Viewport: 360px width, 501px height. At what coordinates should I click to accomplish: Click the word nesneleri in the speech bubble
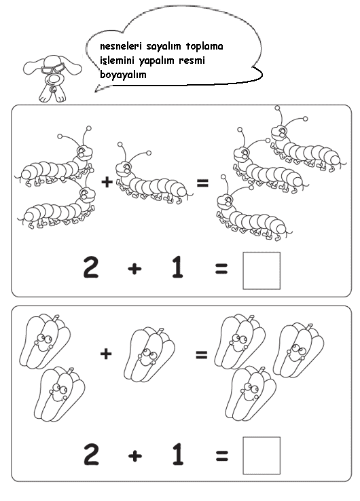click(x=120, y=46)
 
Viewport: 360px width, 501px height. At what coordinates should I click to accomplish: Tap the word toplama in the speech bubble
click(x=204, y=46)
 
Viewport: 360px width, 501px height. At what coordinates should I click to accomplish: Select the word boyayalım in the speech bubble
click(x=123, y=75)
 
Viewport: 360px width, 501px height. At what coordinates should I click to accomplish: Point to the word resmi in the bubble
click(x=192, y=60)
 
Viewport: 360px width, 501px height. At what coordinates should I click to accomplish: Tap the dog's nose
click(x=53, y=79)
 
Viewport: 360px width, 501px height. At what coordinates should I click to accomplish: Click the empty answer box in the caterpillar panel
click(x=262, y=271)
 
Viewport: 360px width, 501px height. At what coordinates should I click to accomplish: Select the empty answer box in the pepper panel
click(x=262, y=456)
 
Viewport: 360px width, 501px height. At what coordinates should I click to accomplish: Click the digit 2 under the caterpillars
click(x=91, y=267)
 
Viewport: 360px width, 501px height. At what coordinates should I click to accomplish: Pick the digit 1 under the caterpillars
click(x=177, y=267)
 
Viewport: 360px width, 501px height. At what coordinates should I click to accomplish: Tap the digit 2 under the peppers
click(x=91, y=454)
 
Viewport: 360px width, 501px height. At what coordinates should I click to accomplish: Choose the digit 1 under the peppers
click(x=178, y=454)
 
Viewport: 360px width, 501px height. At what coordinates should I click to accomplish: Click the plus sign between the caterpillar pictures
click(x=107, y=182)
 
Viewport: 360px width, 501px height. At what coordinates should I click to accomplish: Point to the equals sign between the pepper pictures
click(x=202, y=354)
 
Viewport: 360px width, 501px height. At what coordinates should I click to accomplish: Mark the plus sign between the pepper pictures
click(x=106, y=354)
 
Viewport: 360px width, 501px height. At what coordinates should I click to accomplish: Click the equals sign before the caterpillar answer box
click(x=221, y=269)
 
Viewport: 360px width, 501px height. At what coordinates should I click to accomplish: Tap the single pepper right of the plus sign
click(x=149, y=354)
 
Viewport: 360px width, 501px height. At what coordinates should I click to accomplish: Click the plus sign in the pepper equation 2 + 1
click(x=135, y=456)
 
